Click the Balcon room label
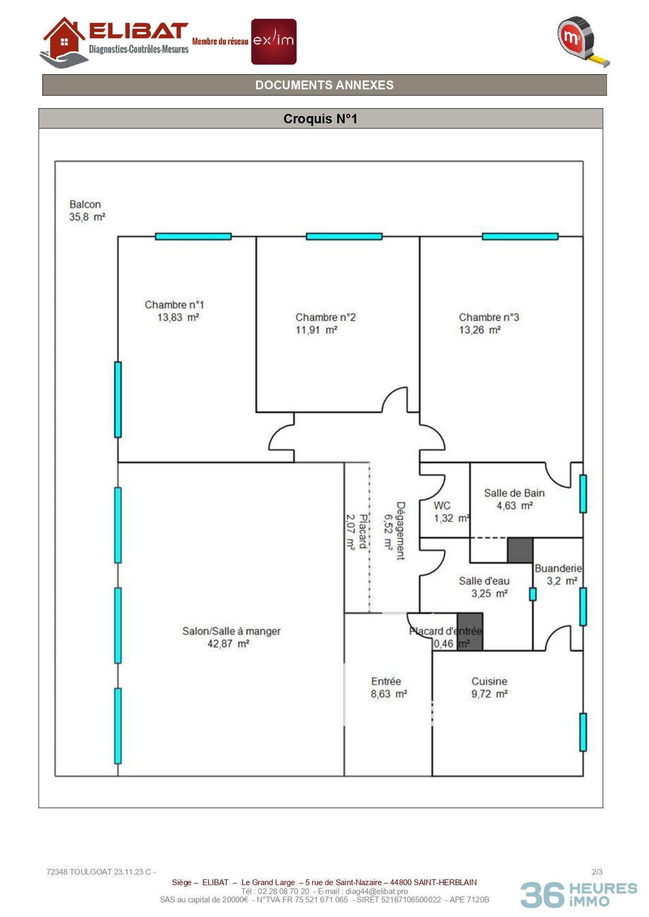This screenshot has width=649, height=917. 85,204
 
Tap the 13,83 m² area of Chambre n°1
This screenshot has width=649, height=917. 178,317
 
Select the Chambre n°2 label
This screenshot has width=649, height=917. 325,317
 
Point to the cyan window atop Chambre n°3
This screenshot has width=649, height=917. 520,237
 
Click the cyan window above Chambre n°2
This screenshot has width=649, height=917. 344,237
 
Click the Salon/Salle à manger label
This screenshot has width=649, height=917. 231,631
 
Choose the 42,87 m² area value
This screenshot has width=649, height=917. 228,644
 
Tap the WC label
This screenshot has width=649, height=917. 442,505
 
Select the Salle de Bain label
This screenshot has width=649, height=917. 514,493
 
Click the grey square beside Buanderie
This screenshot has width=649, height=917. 520,550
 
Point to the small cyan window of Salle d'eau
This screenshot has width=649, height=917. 533,594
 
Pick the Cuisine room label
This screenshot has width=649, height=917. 489,681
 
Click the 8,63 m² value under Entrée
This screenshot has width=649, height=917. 389,694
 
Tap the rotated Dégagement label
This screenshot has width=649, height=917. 401,531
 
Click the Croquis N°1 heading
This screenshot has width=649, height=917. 320,119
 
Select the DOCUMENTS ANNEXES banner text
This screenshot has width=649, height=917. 324,85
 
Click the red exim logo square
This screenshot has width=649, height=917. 274,42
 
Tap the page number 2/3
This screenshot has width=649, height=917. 597,872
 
